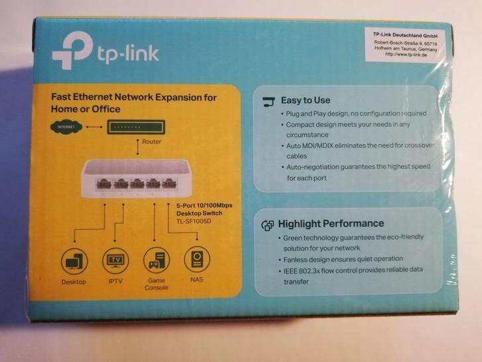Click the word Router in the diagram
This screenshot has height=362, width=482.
coord(151,141)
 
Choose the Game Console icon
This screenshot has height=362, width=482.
coord(156,260)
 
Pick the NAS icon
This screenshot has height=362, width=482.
coord(196,260)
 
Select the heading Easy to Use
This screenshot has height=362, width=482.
coord(305,101)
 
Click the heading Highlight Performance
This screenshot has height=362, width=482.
coord(331,224)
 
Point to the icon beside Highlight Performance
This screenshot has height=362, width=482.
coord(268,225)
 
